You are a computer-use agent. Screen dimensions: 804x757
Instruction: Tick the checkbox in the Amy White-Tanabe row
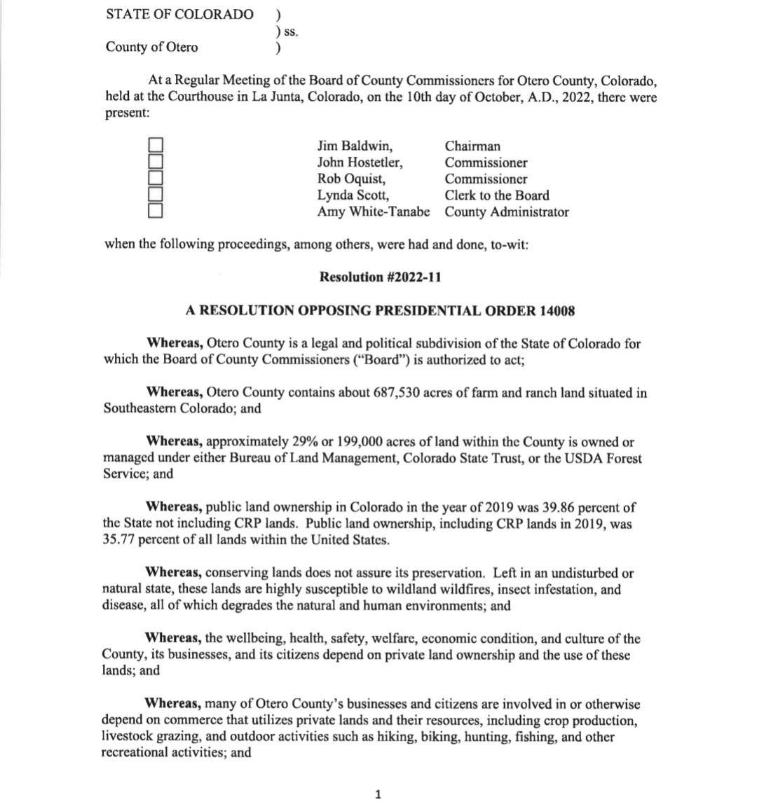tap(156, 209)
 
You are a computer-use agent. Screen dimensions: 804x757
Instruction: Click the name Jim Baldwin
tap(354, 146)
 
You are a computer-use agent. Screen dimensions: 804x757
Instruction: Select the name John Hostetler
tap(360, 162)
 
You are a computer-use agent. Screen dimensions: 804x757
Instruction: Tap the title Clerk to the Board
tap(496, 195)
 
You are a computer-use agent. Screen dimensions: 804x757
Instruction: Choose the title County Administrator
tap(506, 212)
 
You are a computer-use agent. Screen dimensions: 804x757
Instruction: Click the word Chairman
tap(472, 146)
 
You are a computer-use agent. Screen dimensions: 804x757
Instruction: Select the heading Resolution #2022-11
tap(380, 277)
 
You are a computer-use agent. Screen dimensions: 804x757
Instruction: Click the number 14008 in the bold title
tap(557, 310)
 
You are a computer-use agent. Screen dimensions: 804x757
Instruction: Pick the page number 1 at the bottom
tap(378, 793)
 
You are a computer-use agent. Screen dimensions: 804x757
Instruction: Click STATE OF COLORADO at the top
tap(179, 14)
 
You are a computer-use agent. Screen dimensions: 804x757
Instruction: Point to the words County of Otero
tap(151, 47)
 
